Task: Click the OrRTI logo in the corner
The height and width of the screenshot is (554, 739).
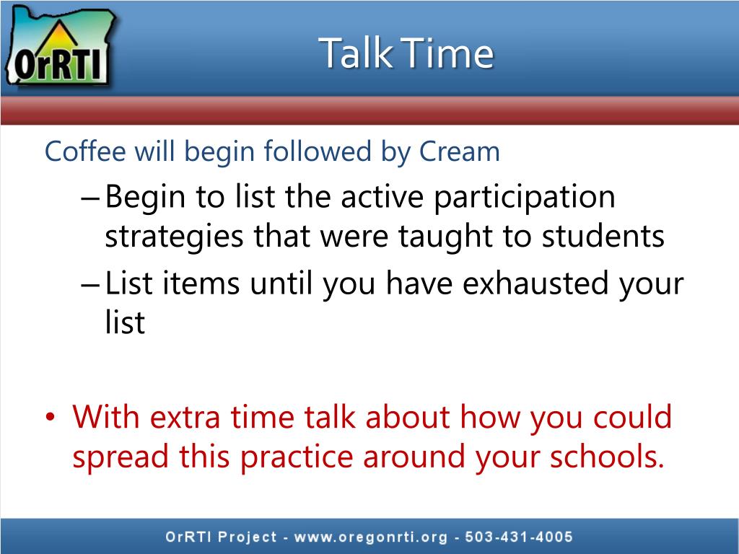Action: click(x=61, y=47)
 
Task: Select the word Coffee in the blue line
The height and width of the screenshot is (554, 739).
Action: click(x=85, y=151)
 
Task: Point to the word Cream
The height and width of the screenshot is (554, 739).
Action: click(x=460, y=151)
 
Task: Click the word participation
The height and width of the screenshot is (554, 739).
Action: click(x=524, y=197)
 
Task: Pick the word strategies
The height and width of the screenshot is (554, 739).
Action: click(x=174, y=237)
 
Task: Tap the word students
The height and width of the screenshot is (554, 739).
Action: click(x=603, y=236)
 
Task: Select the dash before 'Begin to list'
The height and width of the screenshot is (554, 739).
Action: click(x=90, y=198)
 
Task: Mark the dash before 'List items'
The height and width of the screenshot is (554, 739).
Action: click(x=90, y=284)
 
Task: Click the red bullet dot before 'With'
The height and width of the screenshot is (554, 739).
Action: click(x=51, y=418)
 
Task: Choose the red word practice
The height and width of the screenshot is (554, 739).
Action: click(x=297, y=457)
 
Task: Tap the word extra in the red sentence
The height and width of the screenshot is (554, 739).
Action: click(x=185, y=418)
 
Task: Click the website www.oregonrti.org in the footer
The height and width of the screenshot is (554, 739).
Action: click(x=370, y=537)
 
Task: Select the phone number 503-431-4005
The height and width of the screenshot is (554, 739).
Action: click(x=518, y=537)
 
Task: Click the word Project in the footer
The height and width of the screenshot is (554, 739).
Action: click(x=248, y=537)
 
